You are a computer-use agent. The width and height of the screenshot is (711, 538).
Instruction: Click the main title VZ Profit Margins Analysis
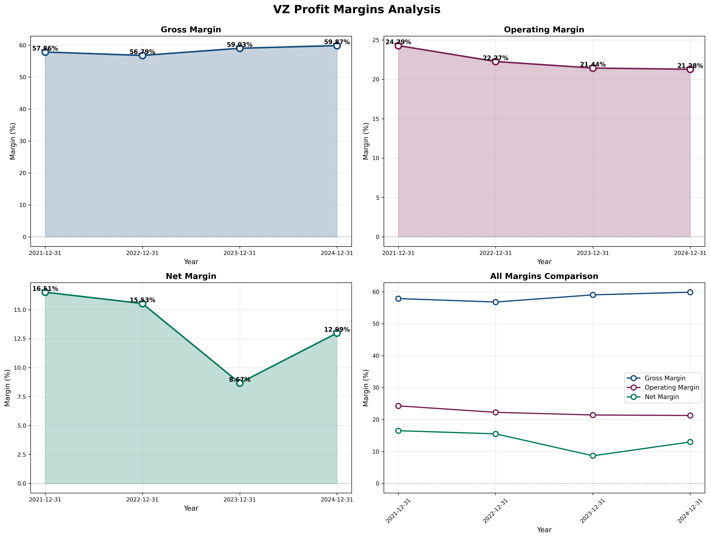coord(356,10)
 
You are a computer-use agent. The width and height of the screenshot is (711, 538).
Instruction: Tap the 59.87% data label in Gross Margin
coord(337,42)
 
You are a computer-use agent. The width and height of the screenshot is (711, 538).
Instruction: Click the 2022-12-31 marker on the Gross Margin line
coord(142,56)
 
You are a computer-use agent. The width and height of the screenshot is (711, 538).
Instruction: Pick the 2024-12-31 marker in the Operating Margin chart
coord(690,69)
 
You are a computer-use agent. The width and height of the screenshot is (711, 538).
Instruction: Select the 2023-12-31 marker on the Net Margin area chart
coord(240,383)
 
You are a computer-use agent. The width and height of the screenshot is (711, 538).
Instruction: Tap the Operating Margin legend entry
coord(671,388)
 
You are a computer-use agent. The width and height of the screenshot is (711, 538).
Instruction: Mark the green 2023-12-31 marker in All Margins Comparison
coord(593,456)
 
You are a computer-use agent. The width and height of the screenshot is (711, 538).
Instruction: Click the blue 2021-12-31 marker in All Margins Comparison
coord(398,299)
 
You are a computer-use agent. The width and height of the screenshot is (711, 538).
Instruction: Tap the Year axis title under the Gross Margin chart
coord(191,262)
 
